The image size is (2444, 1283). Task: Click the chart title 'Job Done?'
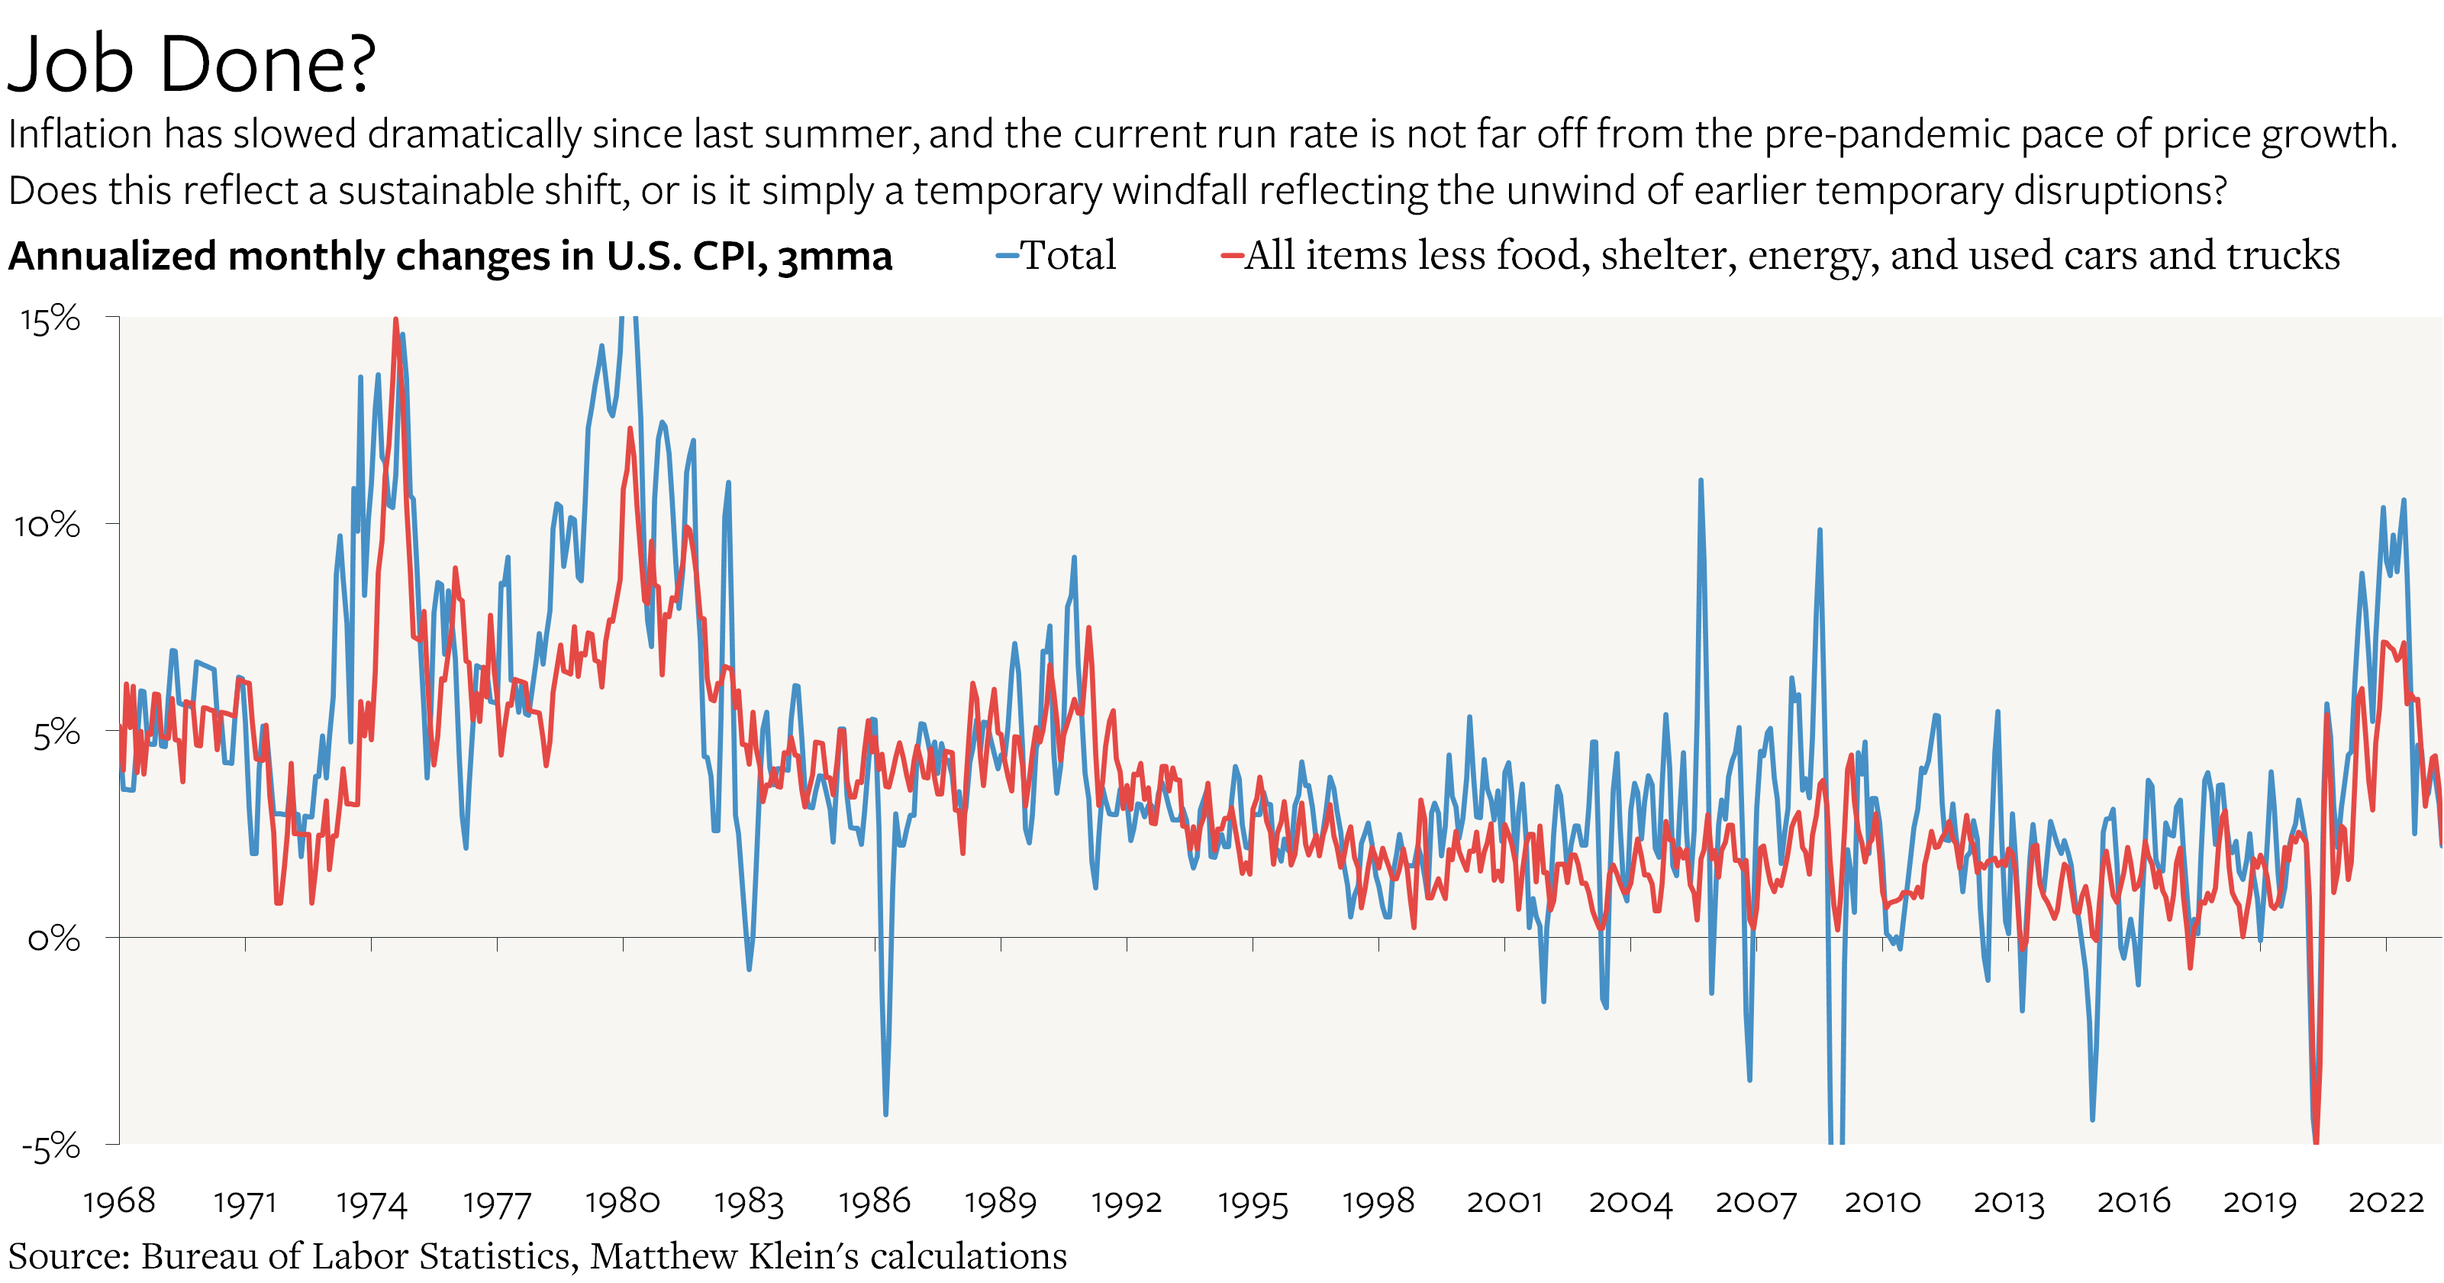point(190,64)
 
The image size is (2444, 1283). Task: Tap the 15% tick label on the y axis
point(50,320)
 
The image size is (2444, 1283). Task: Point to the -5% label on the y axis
point(50,1147)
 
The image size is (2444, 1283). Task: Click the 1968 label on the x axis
point(118,1201)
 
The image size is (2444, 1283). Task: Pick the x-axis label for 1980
point(622,1201)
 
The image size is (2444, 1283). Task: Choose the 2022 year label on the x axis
point(2385,1201)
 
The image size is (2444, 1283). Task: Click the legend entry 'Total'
point(1067,255)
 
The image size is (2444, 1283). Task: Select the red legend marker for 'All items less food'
point(1231,255)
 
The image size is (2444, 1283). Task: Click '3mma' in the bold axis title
point(835,257)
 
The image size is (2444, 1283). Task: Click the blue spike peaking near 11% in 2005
point(1700,482)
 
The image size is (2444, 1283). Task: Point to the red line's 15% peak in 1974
point(395,321)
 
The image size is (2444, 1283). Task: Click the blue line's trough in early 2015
point(2092,1118)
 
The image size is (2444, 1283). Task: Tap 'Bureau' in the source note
point(199,1256)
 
